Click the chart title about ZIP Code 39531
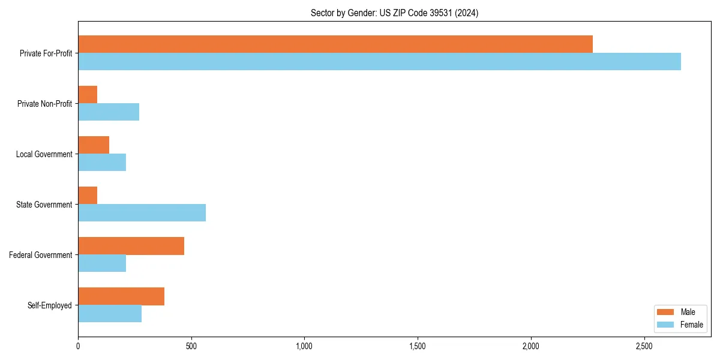pos(394,13)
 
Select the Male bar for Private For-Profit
pos(335,44)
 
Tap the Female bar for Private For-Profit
pos(379,62)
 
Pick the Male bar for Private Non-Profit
pos(88,95)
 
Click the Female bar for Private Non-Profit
pos(109,112)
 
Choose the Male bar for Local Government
pos(94,145)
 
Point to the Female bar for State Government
pos(142,213)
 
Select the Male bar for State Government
pos(88,196)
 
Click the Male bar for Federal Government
pos(131,246)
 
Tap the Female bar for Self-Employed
pos(110,314)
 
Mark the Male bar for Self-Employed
pos(121,296)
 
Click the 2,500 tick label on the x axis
pos(644,347)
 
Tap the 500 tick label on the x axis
pos(191,347)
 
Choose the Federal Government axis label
pos(41,255)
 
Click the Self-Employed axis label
pos(50,305)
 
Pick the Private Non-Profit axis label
pos(44,104)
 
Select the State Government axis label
pos(44,205)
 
